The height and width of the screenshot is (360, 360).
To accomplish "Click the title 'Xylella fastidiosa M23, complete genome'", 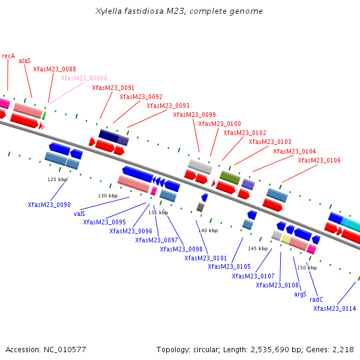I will coord(179,11).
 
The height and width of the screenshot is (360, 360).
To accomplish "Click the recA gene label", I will coord(8,56).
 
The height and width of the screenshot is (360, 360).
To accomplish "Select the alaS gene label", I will coord(25,61).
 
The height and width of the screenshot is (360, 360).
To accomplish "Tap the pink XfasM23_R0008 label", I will coord(84,78).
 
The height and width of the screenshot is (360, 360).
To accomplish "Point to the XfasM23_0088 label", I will coord(55,70).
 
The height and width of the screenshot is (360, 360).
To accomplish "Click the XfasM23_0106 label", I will coord(319,160).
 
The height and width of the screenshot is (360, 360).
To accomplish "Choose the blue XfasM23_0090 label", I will coord(49,205).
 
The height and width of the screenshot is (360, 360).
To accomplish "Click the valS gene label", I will coord(79,213).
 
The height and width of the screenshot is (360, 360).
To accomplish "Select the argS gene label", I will coord(300,294).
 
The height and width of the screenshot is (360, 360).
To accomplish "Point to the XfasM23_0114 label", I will coord(334,308).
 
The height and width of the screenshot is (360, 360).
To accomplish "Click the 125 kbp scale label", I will coord(58,179).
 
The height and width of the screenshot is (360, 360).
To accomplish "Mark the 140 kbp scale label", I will coord(208,230).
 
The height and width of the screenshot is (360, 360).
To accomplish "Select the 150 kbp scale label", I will coord(307,268).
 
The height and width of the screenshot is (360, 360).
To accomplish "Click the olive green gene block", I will coord(230,177).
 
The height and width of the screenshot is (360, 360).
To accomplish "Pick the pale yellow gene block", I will coord(286,239).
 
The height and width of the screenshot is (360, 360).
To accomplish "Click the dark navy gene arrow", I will coord(109,136).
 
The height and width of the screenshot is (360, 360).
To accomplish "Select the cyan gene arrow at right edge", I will coord(353,226).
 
